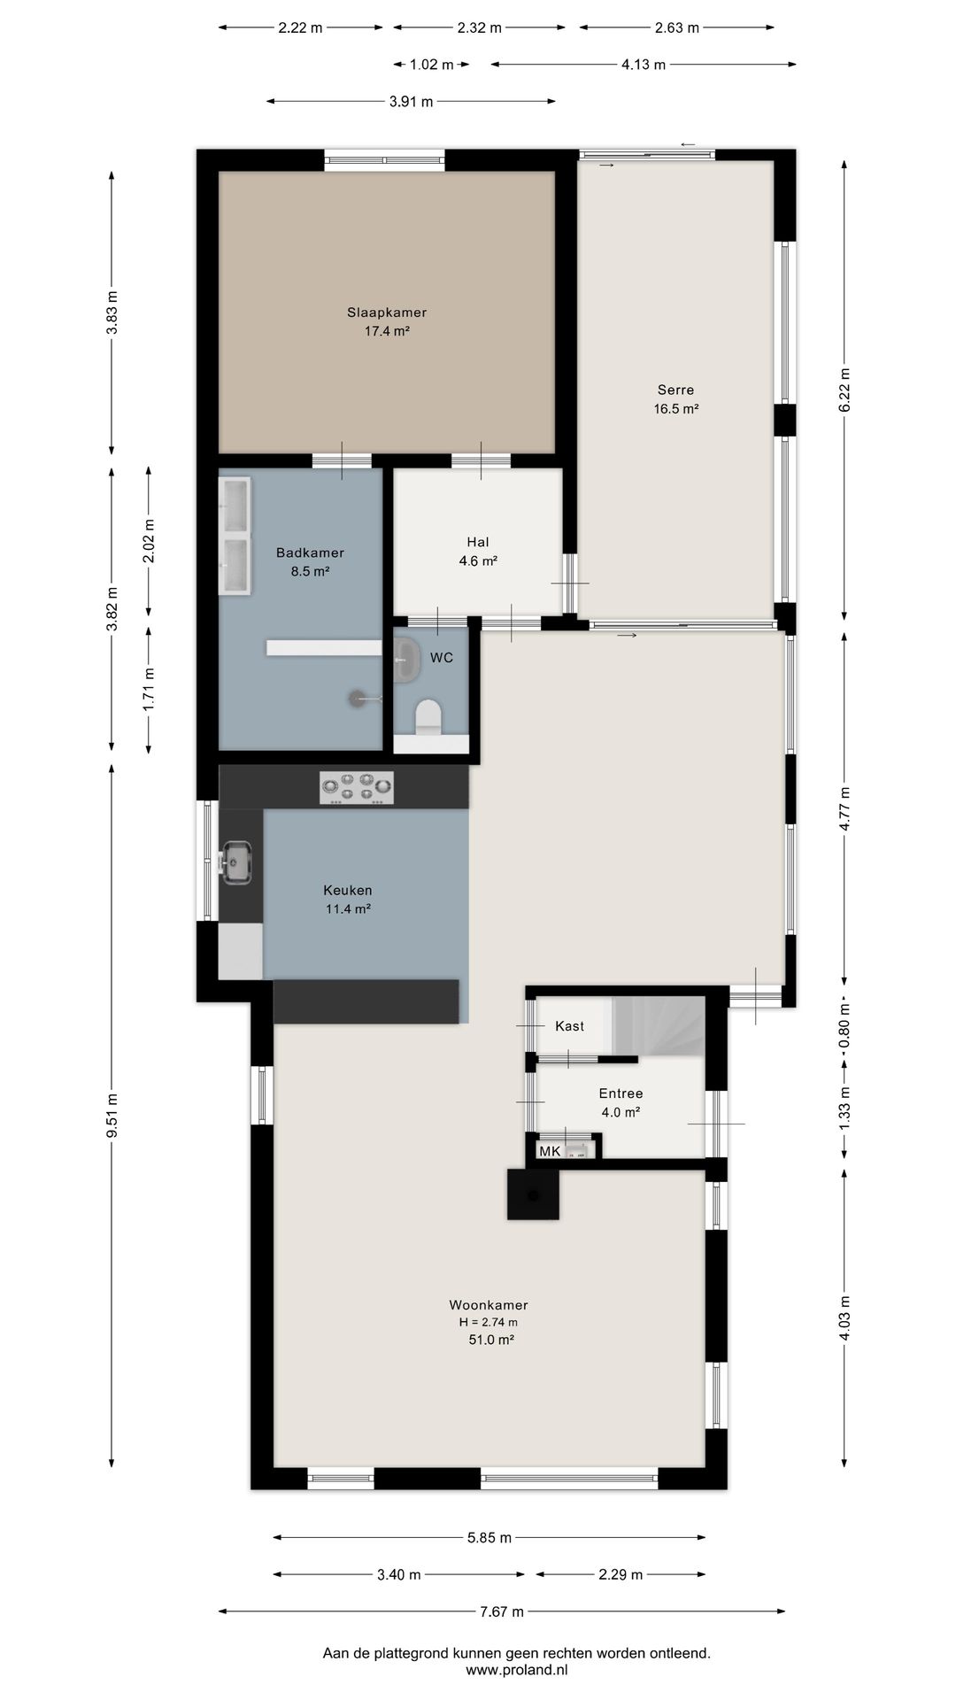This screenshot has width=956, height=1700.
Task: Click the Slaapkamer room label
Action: (x=387, y=313)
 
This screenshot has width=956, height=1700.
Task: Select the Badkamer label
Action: (x=310, y=552)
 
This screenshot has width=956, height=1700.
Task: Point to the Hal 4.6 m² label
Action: (x=478, y=552)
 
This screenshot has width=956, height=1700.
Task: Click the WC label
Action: (x=442, y=658)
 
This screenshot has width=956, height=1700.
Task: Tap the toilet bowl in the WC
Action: (x=428, y=716)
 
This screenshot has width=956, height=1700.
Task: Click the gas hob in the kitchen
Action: (x=357, y=787)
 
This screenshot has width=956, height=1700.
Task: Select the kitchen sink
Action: (x=237, y=862)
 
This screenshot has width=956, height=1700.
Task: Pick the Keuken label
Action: (x=347, y=890)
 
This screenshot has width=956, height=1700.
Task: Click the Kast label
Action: (x=569, y=1026)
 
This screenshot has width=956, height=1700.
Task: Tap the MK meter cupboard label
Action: (x=550, y=1151)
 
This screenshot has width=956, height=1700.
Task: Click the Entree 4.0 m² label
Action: (x=621, y=1102)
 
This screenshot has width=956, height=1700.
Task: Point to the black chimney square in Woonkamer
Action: (x=533, y=1194)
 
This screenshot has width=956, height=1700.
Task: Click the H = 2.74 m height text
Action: (x=488, y=1322)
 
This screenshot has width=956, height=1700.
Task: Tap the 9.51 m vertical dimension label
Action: (x=112, y=1117)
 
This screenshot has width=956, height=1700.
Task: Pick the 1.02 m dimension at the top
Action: (x=431, y=64)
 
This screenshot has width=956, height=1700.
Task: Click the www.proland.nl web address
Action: (x=517, y=1670)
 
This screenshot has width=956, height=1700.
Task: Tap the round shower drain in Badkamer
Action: (x=356, y=699)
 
